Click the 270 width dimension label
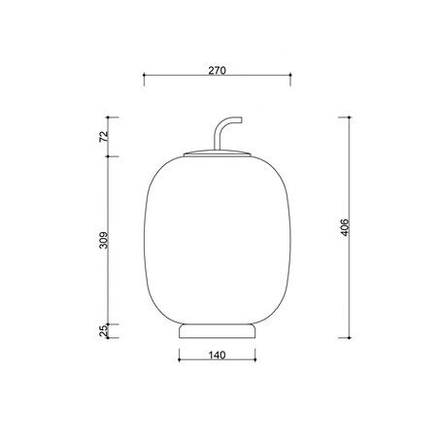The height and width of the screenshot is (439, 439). [x=217, y=70]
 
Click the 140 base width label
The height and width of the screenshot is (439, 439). [x=217, y=355]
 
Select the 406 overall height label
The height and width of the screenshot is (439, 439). [x=345, y=227]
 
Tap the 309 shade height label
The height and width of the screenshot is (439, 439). [x=103, y=240]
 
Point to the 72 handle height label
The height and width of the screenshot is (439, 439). [x=103, y=137]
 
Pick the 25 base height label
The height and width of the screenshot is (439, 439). [x=103, y=331]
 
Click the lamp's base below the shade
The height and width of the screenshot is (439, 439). [x=218, y=331]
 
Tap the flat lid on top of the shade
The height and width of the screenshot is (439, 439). [x=218, y=153]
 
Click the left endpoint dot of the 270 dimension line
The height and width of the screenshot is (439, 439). [x=144, y=75]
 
